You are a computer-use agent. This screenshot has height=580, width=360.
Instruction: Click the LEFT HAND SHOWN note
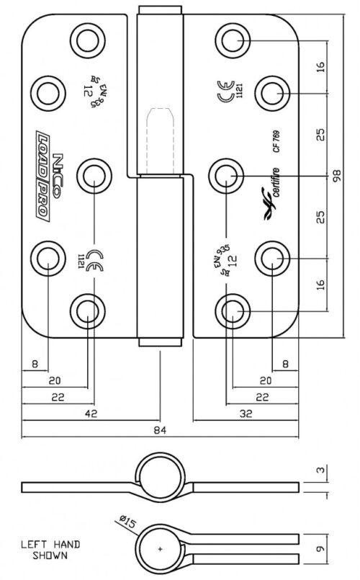50,550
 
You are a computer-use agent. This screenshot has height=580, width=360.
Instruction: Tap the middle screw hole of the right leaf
227,175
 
